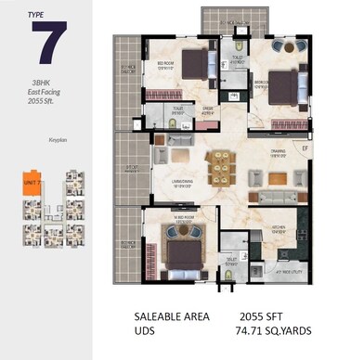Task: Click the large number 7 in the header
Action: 45,44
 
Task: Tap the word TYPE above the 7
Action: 34,14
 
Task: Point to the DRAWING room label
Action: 277,153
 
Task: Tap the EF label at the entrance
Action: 303,146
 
